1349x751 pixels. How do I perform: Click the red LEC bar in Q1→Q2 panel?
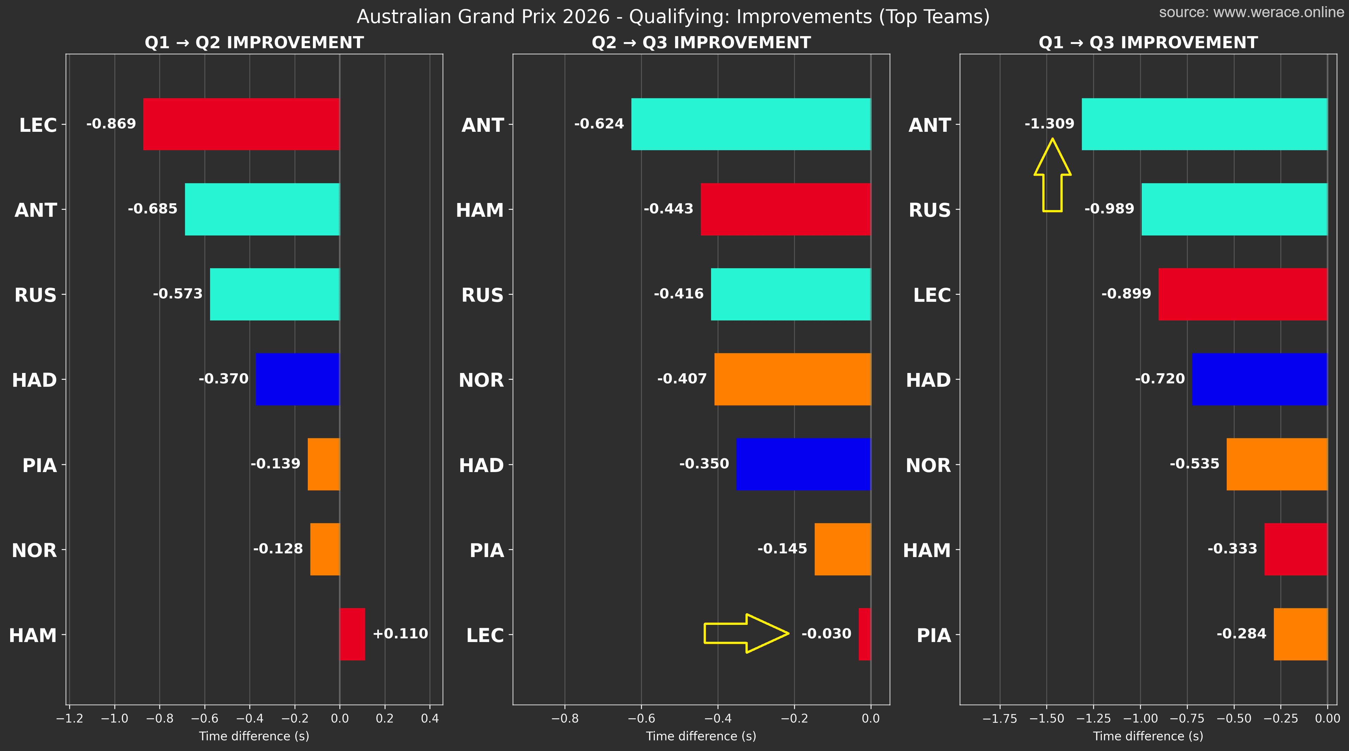[x=241, y=124]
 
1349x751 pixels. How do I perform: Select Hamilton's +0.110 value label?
[x=400, y=634]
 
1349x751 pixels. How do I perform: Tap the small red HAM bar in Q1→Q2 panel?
[x=352, y=634]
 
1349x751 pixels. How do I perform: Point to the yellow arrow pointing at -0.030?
[x=746, y=633]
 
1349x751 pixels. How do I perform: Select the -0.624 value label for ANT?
[x=599, y=124]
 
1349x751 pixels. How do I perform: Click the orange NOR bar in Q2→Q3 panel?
[x=792, y=379]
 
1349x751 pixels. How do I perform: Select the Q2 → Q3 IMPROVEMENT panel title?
[x=701, y=43]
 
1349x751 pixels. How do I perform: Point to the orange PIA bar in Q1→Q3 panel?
[x=1300, y=634]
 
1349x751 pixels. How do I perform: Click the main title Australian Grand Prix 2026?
[x=673, y=17]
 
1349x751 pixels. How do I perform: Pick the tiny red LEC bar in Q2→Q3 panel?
[x=864, y=634]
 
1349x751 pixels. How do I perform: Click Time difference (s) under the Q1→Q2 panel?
[x=254, y=736]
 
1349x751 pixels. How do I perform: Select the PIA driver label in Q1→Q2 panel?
[x=39, y=465]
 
